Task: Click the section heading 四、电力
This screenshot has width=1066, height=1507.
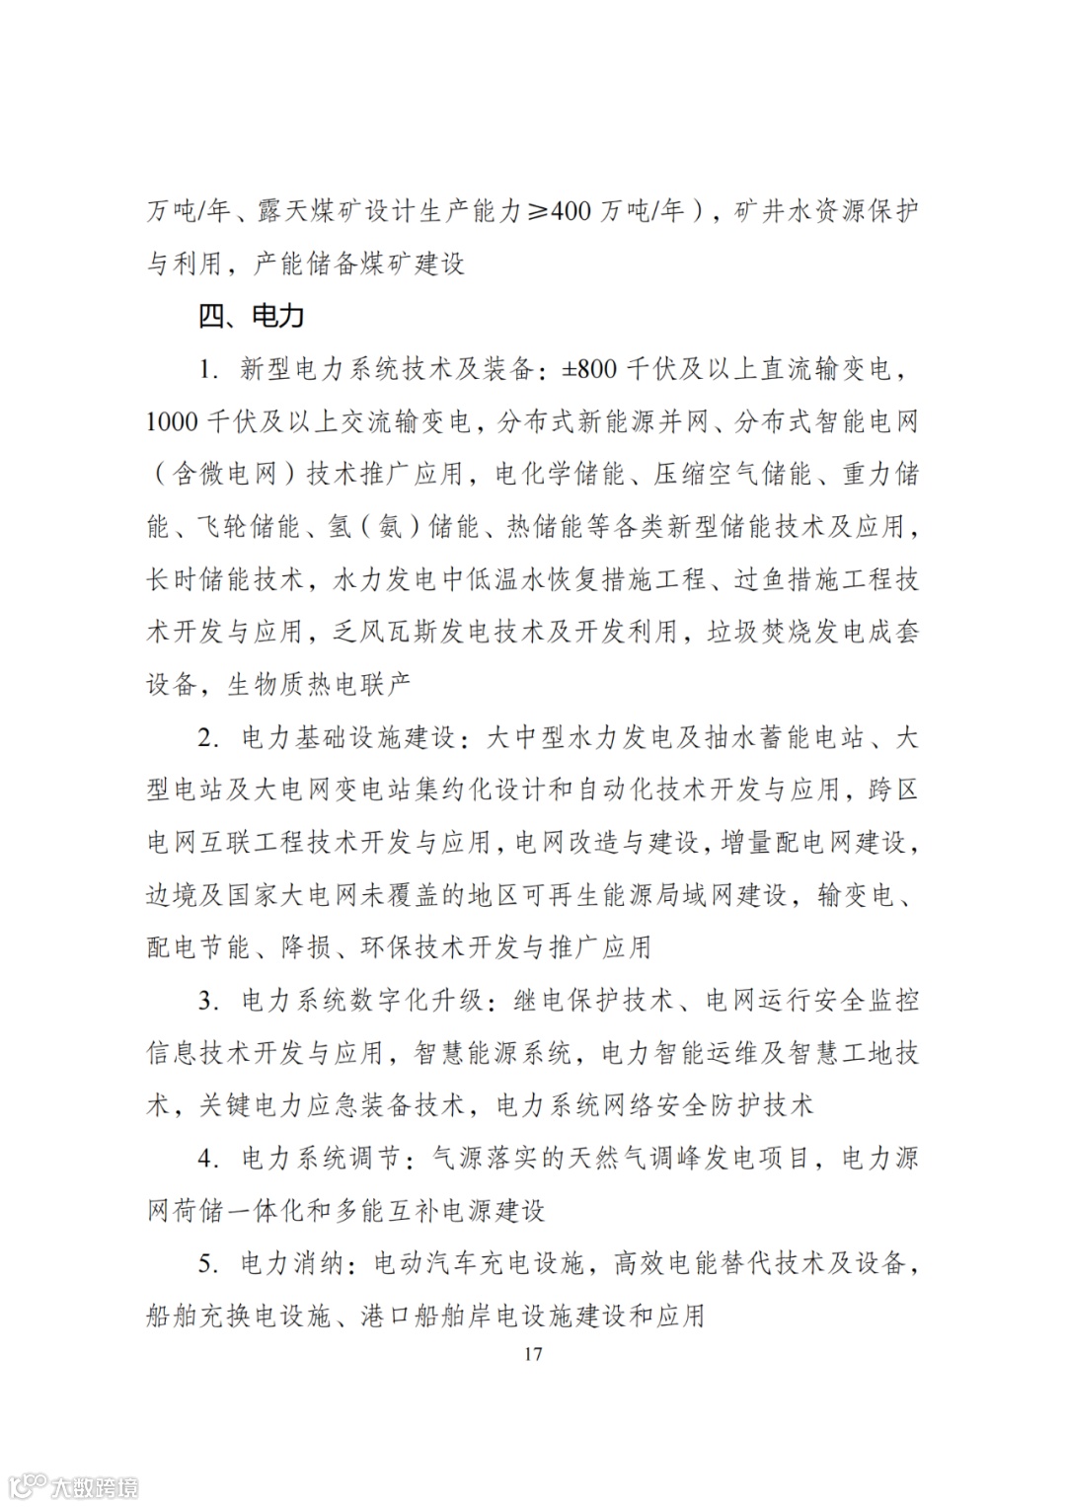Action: coord(251,316)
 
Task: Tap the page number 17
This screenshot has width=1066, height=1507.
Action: coord(533,1353)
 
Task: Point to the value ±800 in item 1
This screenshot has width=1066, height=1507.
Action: coord(589,369)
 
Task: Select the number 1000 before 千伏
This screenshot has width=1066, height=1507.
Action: coord(173,422)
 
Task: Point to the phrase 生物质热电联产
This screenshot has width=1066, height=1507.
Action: coord(319,684)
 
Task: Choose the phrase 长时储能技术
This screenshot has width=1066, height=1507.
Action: coord(226,579)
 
